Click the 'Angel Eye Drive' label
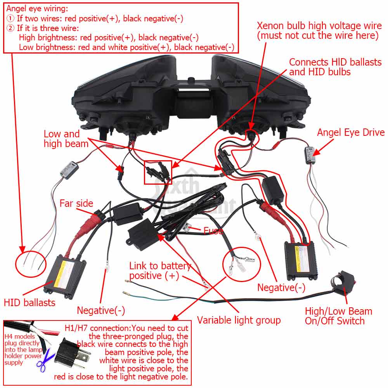coord(351,133)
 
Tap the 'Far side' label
coord(76,203)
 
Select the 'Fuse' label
coord(213,230)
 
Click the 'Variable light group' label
coord(239,320)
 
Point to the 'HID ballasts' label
coord(29,303)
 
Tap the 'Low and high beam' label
coord(66,139)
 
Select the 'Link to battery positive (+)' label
coord(160,271)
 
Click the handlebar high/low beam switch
coord(343,281)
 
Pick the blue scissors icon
coord(45,360)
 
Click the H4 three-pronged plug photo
coord(71,353)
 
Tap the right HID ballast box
coord(300,261)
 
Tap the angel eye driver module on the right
coord(310,156)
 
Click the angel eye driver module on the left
coord(69,170)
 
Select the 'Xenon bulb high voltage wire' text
coord(319,26)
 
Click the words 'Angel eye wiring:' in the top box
coord(37,9)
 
